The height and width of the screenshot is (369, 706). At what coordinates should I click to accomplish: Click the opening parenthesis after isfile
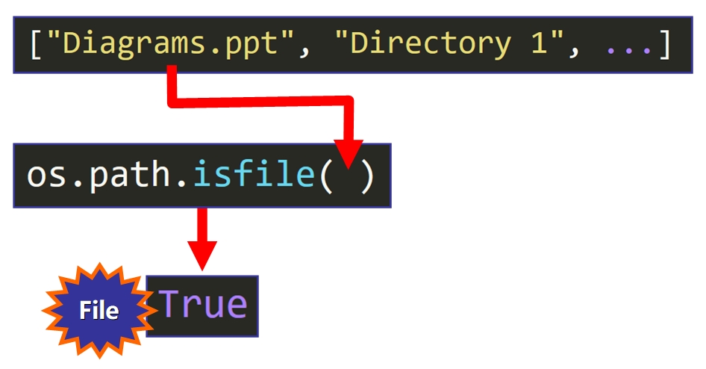click(327, 176)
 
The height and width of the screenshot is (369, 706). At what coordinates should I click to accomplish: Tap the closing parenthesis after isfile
click(366, 176)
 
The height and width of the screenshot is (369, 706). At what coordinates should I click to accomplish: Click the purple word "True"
click(203, 306)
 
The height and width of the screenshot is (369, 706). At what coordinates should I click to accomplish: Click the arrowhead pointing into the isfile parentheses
click(346, 153)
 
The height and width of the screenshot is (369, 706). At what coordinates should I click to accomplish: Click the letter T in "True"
click(172, 306)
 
